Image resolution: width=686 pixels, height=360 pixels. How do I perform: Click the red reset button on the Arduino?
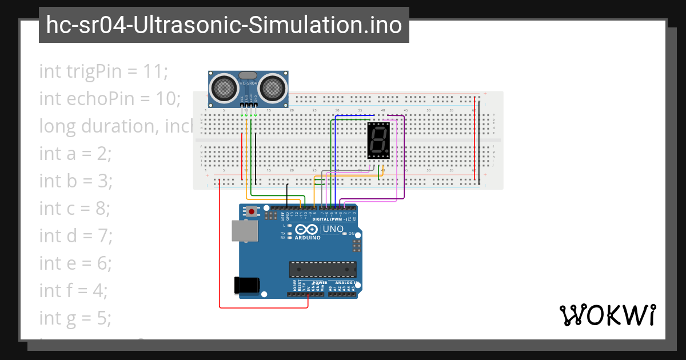pos(252,212)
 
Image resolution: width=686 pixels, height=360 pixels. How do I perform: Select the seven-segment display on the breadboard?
pos(378,140)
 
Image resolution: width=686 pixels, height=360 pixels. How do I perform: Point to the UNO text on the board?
pos(333,229)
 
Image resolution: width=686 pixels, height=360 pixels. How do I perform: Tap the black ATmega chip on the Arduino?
pos(322,269)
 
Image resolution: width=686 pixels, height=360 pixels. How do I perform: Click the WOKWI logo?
pos(608,315)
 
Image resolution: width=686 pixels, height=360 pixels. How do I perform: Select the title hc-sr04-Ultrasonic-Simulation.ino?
pos(224,25)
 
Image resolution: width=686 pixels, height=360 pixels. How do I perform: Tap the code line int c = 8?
pos(74,208)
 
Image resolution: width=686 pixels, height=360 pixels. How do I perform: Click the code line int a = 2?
pos(75,153)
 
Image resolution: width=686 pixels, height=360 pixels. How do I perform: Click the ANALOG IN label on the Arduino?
pos(345,282)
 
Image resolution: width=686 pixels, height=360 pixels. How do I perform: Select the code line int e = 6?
pos(75,263)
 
